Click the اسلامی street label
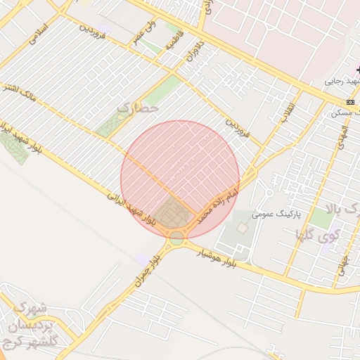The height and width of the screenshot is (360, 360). pyautogui.click(x=37, y=36)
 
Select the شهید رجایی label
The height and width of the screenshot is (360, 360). pyautogui.click(x=341, y=82)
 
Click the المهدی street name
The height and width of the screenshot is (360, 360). pyautogui.click(x=342, y=141)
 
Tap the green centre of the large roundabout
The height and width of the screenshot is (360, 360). pyautogui.click(x=176, y=238)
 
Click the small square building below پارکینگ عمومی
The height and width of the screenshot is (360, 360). pyautogui.click(x=242, y=229)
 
